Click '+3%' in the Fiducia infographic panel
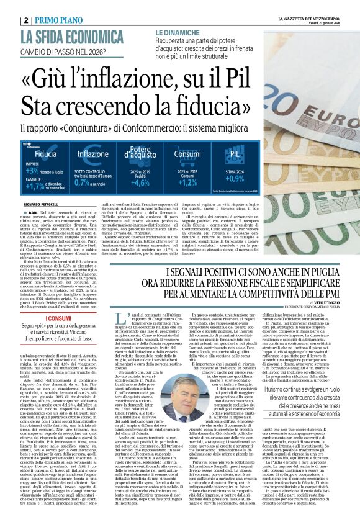pyautogui.click(x=33, y=171)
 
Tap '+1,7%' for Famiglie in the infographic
pyautogui.click(x=33, y=184)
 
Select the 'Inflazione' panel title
pyautogui.click(x=93, y=153)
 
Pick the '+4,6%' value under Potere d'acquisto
pyautogui.click(x=140, y=182)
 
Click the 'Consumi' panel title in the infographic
pyautogui.click(x=187, y=153)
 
